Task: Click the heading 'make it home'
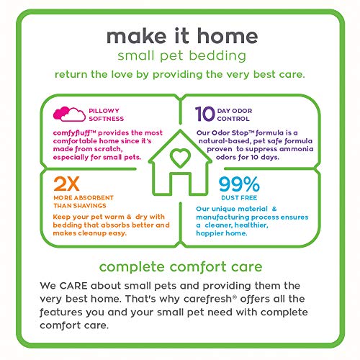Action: tap(179, 37)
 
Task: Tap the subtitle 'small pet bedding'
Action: tap(179, 55)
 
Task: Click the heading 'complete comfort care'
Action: tap(179, 267)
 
